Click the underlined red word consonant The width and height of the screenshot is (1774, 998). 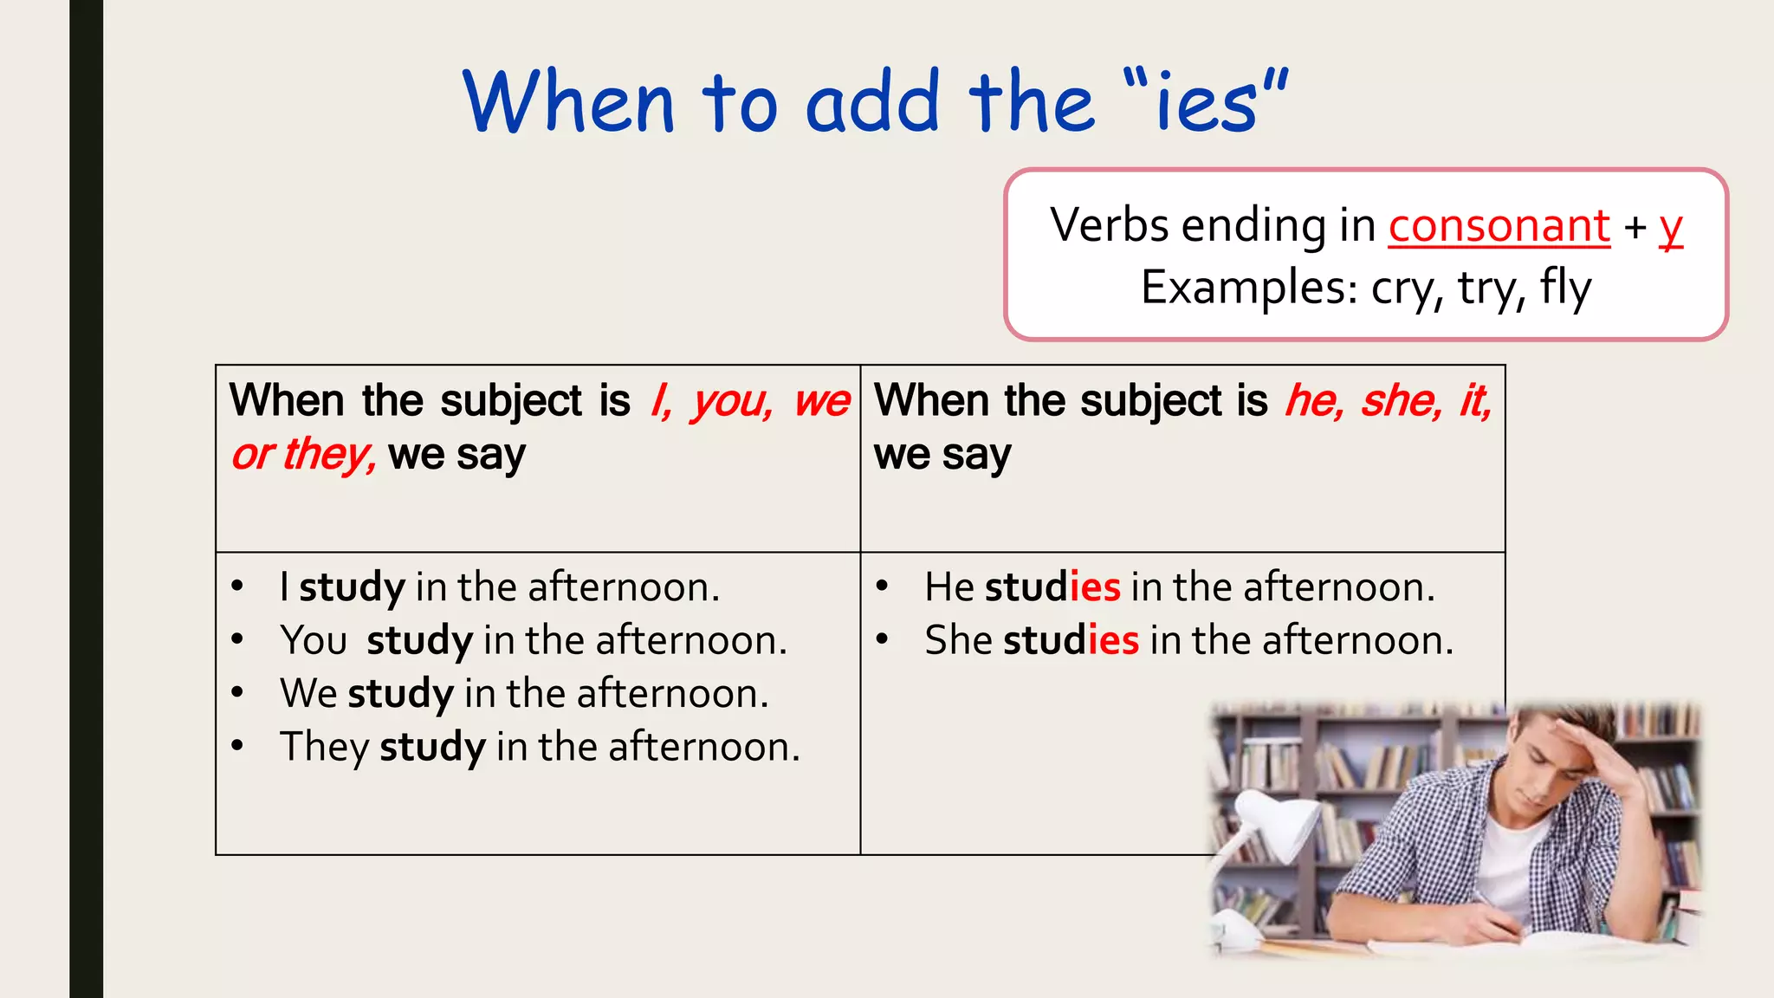tap(1499, 226)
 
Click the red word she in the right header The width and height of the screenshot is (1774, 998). tap(1400, 401)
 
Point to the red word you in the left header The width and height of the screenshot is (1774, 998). tap(730, 403)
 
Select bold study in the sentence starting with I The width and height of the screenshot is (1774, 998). tap(352, 588)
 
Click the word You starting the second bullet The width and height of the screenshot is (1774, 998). tap(313, 641)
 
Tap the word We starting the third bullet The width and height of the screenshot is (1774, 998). tap(308, 694)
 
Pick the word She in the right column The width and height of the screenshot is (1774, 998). tap(958, 641)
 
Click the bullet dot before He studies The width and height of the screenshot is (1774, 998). tap(882, 586)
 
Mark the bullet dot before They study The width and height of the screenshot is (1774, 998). tap(237, 746)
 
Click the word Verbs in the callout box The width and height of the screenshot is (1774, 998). tap(1110, 226)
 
